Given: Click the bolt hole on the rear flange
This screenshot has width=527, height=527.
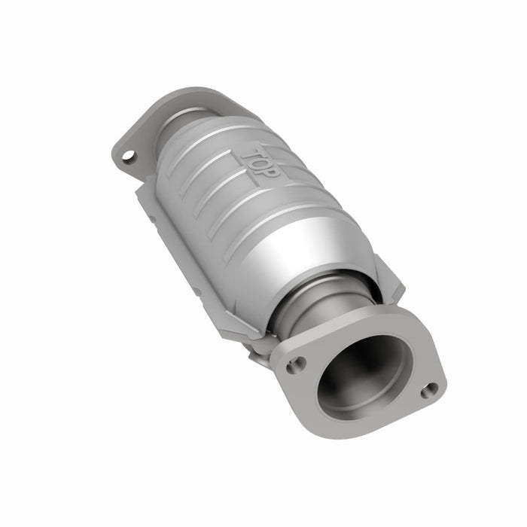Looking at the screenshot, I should (x=129, y=156).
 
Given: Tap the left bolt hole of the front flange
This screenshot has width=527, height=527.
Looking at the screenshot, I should (x=295, y=364).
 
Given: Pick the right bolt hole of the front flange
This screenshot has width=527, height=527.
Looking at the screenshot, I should (x=429, y=389).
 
